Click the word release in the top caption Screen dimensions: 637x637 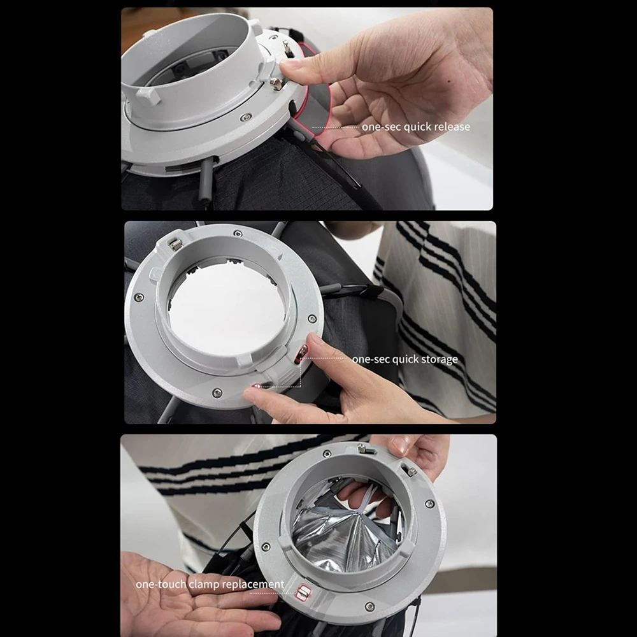click(450, 127)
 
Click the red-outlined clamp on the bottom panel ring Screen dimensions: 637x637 click(303, 592)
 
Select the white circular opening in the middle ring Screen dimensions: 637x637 click(227, 307)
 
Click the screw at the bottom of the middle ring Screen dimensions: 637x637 click(217, 393)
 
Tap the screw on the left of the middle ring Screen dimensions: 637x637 click(139, 297)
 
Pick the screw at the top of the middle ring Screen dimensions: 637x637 click(238, 234)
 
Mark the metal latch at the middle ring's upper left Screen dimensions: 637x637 click(175, 244)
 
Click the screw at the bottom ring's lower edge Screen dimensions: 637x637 click(369, 607)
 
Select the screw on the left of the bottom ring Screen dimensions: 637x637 click(266, 547)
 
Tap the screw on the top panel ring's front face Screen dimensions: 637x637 click(245, 118)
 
